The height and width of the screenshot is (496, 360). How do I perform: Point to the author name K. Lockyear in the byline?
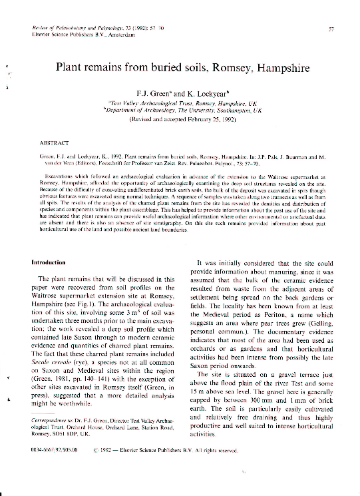211,93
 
